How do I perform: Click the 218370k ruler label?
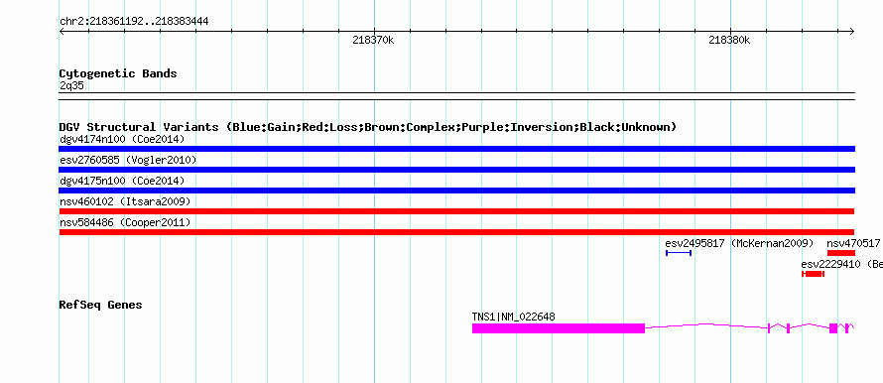click(373, 40)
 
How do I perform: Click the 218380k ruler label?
click(729, 40)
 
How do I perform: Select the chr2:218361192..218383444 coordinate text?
click(134, 22)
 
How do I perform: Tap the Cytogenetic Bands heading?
click(118, 73)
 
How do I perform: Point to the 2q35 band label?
click(71, 86)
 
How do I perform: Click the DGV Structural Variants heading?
click(368, 127)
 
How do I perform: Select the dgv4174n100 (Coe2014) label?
click(122, 139)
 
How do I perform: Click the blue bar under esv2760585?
click(456, 170)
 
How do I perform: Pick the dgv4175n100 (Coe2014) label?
click(122, 181)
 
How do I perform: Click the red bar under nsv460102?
click(456, 211)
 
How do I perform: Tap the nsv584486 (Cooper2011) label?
click(125, 222)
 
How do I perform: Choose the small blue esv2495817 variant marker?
click(679, 253)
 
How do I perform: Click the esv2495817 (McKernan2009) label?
click(739, 243)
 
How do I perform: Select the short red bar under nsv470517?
click(840, 253)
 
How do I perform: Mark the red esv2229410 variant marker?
click(813, 274)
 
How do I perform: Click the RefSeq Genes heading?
click(101, 305)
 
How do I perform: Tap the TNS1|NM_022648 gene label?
click(513, 318)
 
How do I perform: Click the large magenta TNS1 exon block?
click(558, 328)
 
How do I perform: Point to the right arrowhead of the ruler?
click(852, 32)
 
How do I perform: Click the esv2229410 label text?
click(830, 264)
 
